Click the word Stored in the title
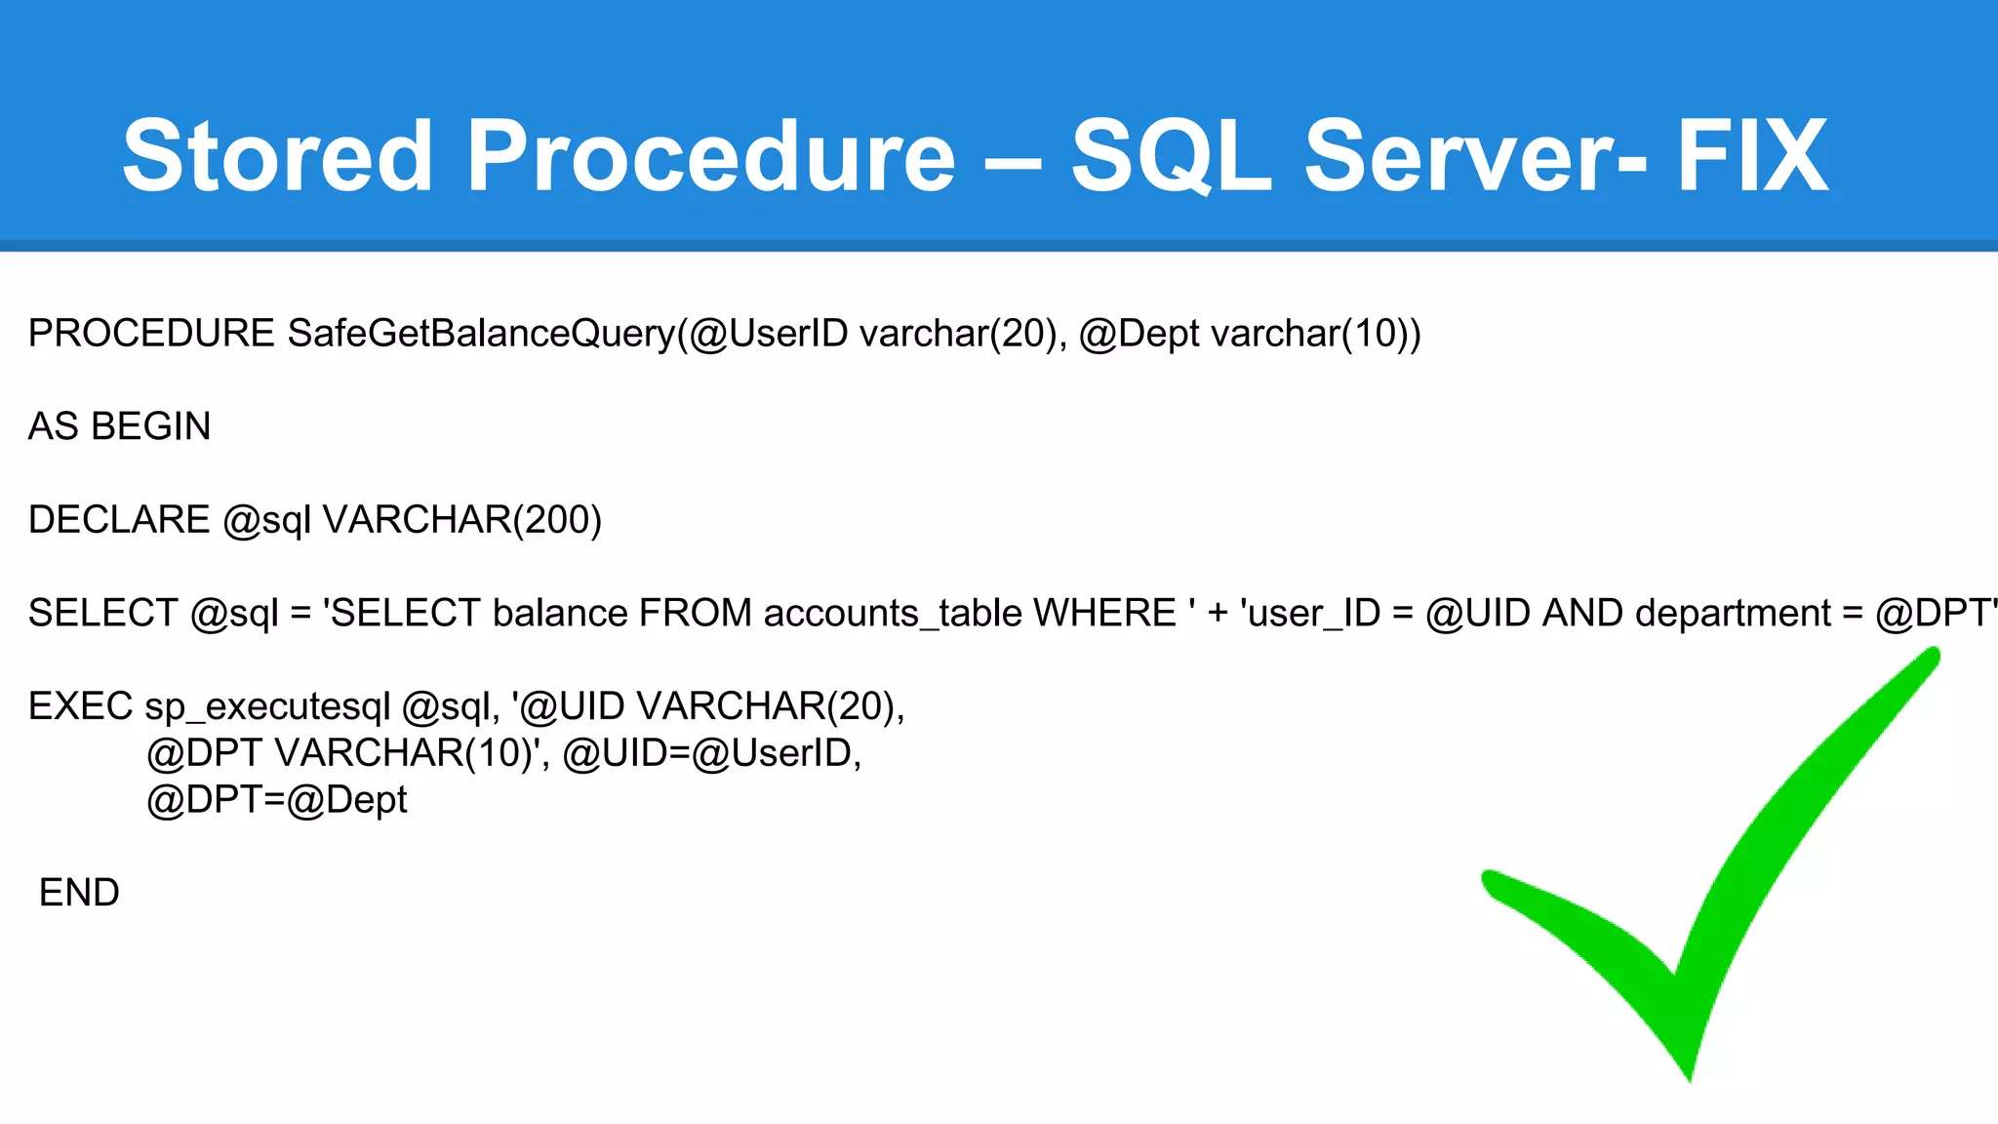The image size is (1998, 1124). coord(277,156)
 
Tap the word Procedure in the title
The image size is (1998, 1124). coord(710,156)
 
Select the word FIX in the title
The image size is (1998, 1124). coord(1752,156)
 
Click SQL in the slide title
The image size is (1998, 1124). coord(1171,156)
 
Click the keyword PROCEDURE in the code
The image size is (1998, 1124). coord(151,334)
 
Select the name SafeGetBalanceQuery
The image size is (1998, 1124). coord(482,334)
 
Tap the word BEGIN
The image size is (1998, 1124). coord(151,426)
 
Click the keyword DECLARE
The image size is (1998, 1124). coord(119,520)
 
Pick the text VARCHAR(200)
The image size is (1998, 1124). coord(461,520)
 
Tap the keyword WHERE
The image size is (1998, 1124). coord(1104,613)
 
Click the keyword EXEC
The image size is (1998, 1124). coord(80,706)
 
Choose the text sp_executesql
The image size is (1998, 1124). coord(267,706)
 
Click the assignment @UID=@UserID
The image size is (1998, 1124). coord(711,753)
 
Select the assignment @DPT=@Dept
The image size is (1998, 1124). coord(276,800)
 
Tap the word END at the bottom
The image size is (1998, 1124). coord(79,893)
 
